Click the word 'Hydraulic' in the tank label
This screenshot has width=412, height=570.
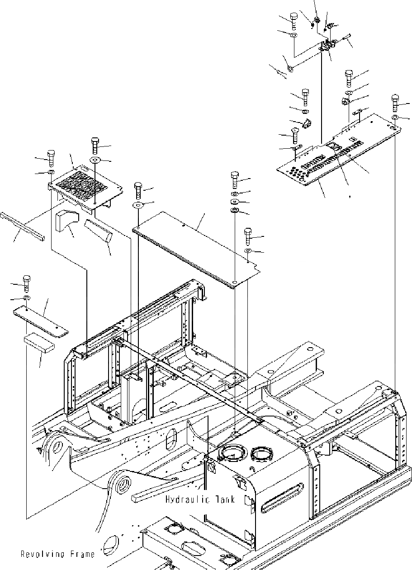[x=185, y=499]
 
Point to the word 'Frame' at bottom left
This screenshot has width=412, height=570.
[x=82, y=554]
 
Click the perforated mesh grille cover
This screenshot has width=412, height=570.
[x=86, y=185]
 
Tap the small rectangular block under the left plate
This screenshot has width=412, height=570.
[x=39, y=342]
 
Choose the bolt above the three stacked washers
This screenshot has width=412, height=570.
[x=235, y=179]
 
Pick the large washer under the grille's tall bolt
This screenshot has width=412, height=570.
[x=95, y=160]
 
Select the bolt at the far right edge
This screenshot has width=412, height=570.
[x=395, y=103]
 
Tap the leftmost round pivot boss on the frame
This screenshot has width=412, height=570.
[x=58, y=448]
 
